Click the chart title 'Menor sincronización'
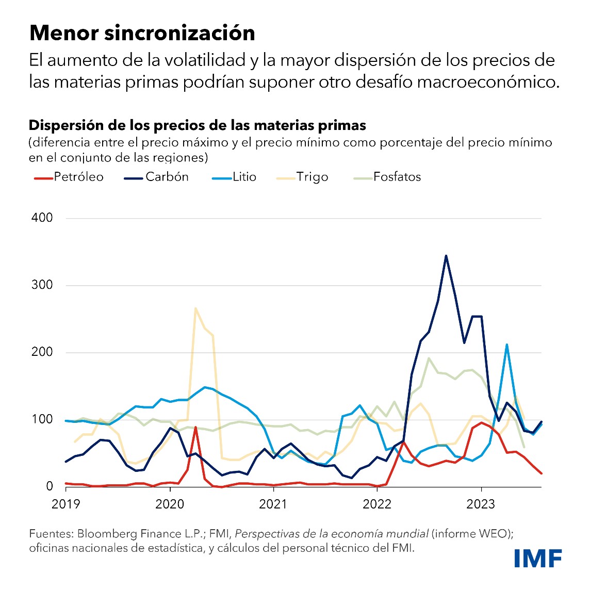(x=142, y=33)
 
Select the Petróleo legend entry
(x=69, y=177)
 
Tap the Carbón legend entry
(x=157, y=177)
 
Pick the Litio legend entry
(x=234, y=177)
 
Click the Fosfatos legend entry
(x=387, y=177)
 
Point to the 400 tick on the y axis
(x=42, y=218)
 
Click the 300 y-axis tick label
(x=42, y=285)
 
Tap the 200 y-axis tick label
(x=42, y=352)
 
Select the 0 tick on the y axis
(x=50, y=486)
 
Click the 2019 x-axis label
(x=66, y=504)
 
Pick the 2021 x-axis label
(x=273, y=504)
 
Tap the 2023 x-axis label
(x=481, y=504)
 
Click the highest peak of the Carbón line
(x=446, y=255)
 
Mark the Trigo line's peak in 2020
(x=195, y=308)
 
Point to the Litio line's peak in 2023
(x=507, y=345)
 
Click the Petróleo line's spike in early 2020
(x=195, y=427)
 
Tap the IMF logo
(x=538, y=559)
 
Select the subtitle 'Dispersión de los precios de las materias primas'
(x=198, y=125)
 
